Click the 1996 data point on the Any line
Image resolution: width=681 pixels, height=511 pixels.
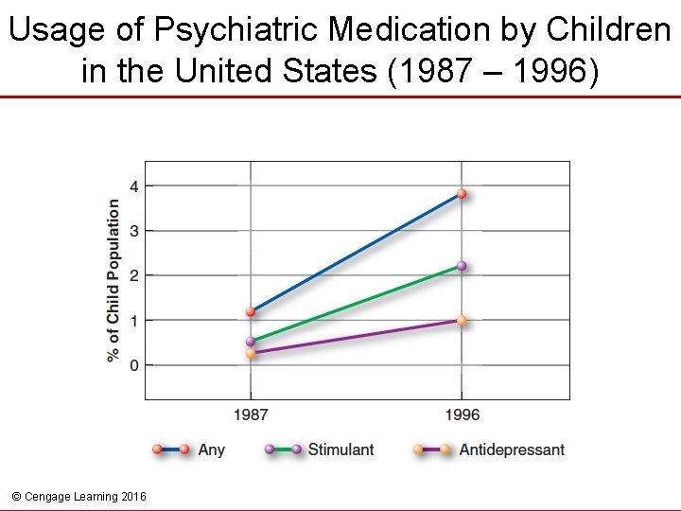(x=462, y=194)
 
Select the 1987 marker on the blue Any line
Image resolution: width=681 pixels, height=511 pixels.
(x=251, y=311)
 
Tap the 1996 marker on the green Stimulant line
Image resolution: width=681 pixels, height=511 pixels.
(x=462, y=266)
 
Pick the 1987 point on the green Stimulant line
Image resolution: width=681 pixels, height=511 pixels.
(x=251, y=342)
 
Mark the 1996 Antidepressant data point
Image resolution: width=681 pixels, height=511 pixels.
(x=462, y=321)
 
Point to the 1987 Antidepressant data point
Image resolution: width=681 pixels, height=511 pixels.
(x=251, y=353)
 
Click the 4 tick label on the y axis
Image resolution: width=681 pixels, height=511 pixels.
(x=134, y=186)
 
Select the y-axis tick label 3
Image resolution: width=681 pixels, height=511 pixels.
(x=134, y=231)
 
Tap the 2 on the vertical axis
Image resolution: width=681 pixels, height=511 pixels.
(x=134, y=275)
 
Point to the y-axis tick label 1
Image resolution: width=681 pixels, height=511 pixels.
(x=134, y=321)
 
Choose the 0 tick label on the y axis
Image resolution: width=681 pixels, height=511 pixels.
(x=134, y=365)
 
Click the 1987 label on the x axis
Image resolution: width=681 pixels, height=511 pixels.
(x=251, y=414)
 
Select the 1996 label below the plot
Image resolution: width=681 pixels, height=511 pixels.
(x=462, y=414)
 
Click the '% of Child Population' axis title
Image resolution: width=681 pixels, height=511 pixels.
(x=113, y=279)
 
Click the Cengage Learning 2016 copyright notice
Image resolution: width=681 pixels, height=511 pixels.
(x=79, y=496)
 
